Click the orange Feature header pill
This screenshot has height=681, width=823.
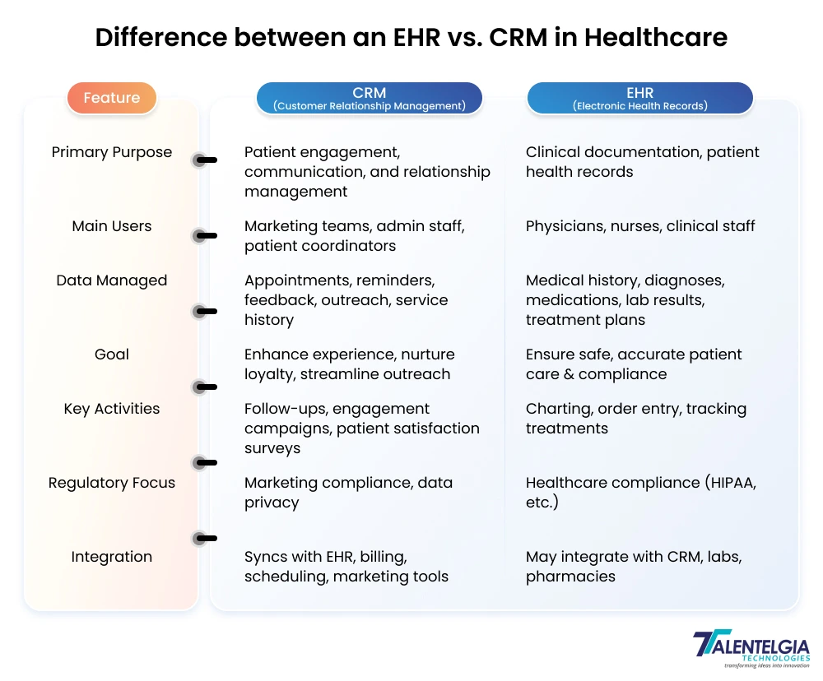point(111,98)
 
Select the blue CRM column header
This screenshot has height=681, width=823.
point(369,98)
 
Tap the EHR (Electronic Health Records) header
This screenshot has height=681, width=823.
point(639,98)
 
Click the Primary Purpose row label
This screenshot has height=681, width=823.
point(112,152)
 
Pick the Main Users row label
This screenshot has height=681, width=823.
point(112,226)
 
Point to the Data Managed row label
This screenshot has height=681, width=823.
point(112,280)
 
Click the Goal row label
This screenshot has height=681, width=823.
point(112,354)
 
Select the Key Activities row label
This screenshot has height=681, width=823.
point(112,409)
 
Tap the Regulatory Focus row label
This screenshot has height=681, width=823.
point(112,483)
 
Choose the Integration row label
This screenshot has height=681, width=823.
point(112,557)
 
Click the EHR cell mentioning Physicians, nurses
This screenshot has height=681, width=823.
point(640,226)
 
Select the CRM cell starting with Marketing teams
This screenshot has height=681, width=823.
point(354,236)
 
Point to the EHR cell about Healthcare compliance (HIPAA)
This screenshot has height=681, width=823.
point(640,492)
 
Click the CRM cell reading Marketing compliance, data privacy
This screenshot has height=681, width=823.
point(348,492)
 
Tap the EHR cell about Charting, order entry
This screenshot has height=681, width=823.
point(635,418)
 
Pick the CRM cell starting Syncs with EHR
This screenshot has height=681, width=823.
point(346,566)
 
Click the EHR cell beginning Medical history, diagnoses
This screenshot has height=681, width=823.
point(625,300)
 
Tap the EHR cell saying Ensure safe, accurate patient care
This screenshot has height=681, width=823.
point(634,364)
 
